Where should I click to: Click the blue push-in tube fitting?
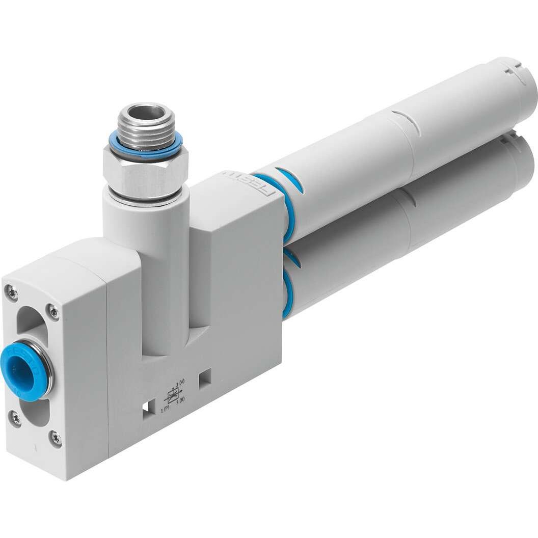click(23, 371)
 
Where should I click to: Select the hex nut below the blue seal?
click(145, 173)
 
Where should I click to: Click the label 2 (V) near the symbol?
click(180, 383)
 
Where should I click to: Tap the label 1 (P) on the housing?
click(166, 410)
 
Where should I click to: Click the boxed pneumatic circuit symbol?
click(173, 395)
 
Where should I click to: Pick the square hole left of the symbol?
click(147, 410)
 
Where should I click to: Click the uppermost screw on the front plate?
click(11, 292)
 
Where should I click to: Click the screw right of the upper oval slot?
click(53, 312)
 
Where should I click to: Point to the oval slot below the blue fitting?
click(36, 411)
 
